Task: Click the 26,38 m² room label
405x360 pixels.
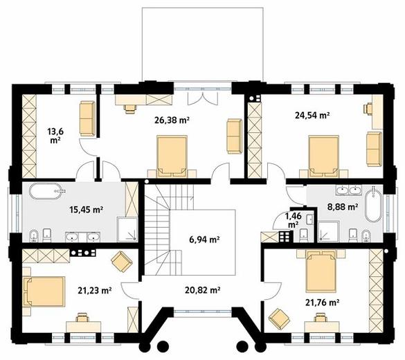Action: pyautogui.click(x=172, y=120)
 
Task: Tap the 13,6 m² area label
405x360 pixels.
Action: pyautogui.click(x=55, y=136)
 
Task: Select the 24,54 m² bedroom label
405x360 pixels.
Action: pyautogui.click(x=312, y=115)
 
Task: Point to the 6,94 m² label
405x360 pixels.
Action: pyautogui.click(x=204, y=240)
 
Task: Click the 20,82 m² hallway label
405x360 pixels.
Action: pyautogui.click(x=202, y=290)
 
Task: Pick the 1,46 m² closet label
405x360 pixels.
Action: pyautogui.click(x=293, y=220)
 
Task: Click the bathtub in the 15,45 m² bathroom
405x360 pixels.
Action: pyautogui.click(x=46, y=191)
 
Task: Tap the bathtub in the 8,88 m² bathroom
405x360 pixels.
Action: pyautogui.click(x=373, y=206)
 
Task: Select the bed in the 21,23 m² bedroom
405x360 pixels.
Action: pyautogui.click(x=44, y=291)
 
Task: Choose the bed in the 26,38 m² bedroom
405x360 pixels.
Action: pyautogui.click(x=172, y=156)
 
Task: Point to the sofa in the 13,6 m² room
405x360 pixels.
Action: pyautogui.click(x=87, y=119)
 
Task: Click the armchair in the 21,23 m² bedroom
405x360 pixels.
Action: pyautogui.click(x=122, y=262)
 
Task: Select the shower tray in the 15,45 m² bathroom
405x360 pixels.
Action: pyautogui.click(x=127, y=229)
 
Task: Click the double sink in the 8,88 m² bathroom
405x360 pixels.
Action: pyautogui.click(x=349, y=190)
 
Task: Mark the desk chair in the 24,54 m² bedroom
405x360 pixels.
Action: pyautogui.click(x=368, y=109)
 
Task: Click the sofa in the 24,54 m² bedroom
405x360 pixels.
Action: pyautogui.click(x=375, y=149)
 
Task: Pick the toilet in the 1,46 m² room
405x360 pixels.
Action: pyautogui.click(x=303, y=235)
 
